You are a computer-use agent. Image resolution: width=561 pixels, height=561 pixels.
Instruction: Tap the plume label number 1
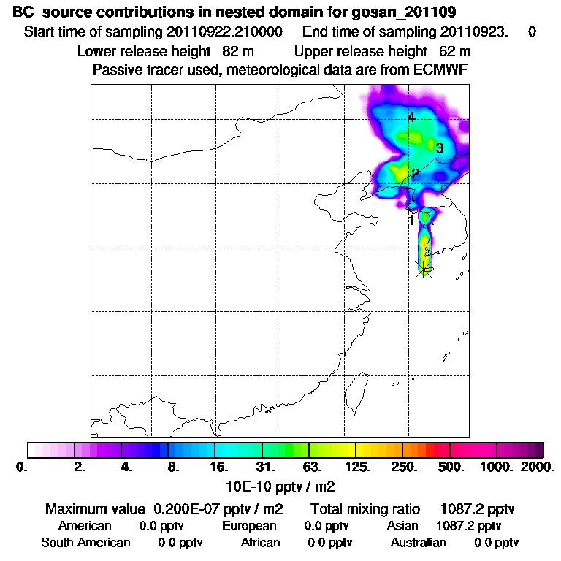(411, 220)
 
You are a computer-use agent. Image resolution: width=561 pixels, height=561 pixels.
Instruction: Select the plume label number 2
(414, 174)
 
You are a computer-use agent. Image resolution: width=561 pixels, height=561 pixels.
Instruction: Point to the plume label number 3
(439, 148)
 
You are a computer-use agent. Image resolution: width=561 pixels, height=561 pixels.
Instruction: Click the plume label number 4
(411, 118)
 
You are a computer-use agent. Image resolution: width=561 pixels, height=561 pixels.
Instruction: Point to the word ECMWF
(440, 70)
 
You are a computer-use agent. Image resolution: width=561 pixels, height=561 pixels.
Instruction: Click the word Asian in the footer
(402, 526)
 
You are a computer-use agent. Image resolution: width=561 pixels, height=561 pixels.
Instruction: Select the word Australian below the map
(419, 543)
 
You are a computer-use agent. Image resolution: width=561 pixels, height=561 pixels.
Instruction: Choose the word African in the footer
(261, 543)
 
